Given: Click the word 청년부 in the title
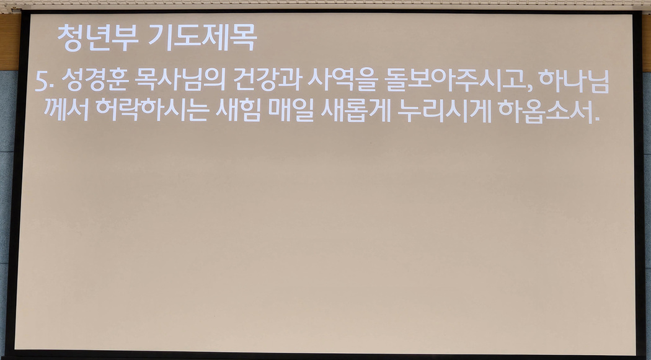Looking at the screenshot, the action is (92, 38).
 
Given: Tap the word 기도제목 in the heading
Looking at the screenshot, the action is (203, 37).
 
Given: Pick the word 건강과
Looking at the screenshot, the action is (267, 80).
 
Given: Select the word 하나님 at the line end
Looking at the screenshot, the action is (573, 80).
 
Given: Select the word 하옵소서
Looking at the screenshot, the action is (545, 111).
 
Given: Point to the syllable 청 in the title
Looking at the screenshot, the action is (69, 38).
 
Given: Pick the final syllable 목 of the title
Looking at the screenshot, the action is (244, 37).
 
